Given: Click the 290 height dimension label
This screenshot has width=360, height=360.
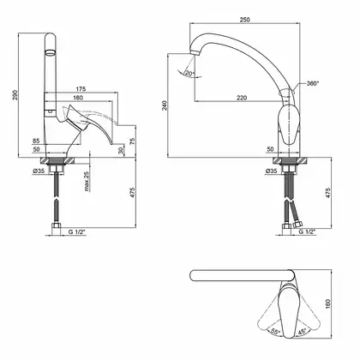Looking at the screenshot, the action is [15, 95].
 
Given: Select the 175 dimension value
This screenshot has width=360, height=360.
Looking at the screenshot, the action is [81, 89].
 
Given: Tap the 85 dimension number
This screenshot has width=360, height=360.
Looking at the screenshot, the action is [36, 141].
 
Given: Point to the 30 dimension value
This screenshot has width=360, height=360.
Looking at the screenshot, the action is [121, 150].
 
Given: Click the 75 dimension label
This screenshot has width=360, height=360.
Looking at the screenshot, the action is [132, 141].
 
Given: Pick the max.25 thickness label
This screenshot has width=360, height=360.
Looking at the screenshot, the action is [87, 181].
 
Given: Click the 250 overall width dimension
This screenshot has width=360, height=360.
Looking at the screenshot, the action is [244, 20].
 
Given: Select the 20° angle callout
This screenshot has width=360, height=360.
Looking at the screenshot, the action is [189, 73].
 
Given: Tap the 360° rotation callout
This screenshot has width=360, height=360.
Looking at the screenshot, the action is [313, 83].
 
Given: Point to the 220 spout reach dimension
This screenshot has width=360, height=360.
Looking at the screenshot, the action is [242, 98].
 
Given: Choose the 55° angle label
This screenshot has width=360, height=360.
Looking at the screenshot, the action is [275, 332].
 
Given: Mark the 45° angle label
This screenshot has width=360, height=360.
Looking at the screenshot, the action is [302, 332].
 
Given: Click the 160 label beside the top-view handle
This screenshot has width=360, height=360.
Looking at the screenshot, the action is [327, 304].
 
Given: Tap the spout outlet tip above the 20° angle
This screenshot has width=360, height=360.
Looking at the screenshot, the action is [195, 53].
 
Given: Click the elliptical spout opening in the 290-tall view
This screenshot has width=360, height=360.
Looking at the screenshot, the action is [51, 52].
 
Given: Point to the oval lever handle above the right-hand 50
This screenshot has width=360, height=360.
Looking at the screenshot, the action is [289, 124].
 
